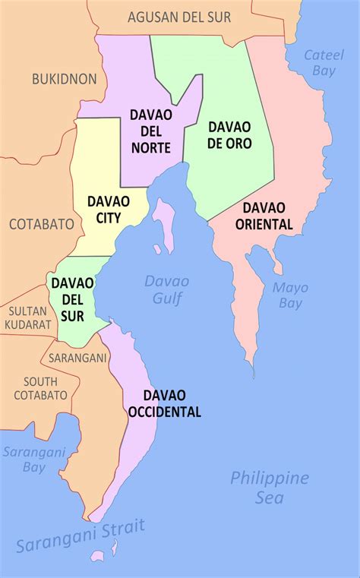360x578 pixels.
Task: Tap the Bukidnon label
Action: click(65, 78)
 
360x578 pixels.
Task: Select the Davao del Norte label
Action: click(150, 130)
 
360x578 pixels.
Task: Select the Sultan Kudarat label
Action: click(29, 317)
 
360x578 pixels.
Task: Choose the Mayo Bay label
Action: click(290, 295)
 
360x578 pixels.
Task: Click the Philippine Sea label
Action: click(269, 488)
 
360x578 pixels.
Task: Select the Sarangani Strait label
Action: click(80, 536)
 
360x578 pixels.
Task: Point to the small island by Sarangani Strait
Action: click(115, 548)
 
